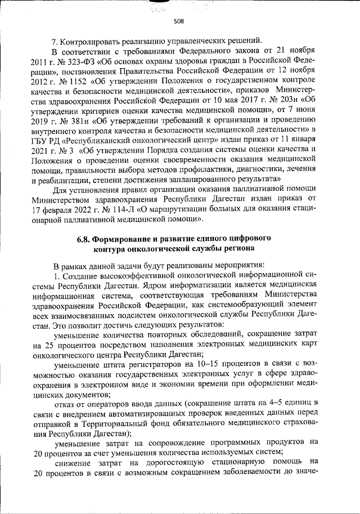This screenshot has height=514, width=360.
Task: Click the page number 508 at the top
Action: [179, 21]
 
